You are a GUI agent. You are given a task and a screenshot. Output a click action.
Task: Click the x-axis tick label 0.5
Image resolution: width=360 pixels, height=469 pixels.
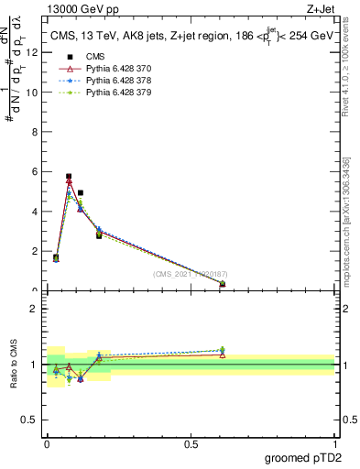(x=191, y=443)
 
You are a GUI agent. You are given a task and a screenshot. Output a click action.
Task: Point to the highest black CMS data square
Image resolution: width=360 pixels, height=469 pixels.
(x=69, y=176)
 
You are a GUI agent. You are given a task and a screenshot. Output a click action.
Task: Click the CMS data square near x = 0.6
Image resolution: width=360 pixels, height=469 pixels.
(x=223, y=284)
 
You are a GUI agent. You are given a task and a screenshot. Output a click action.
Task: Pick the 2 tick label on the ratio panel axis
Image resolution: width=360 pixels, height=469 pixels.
(x=32, y=309)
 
